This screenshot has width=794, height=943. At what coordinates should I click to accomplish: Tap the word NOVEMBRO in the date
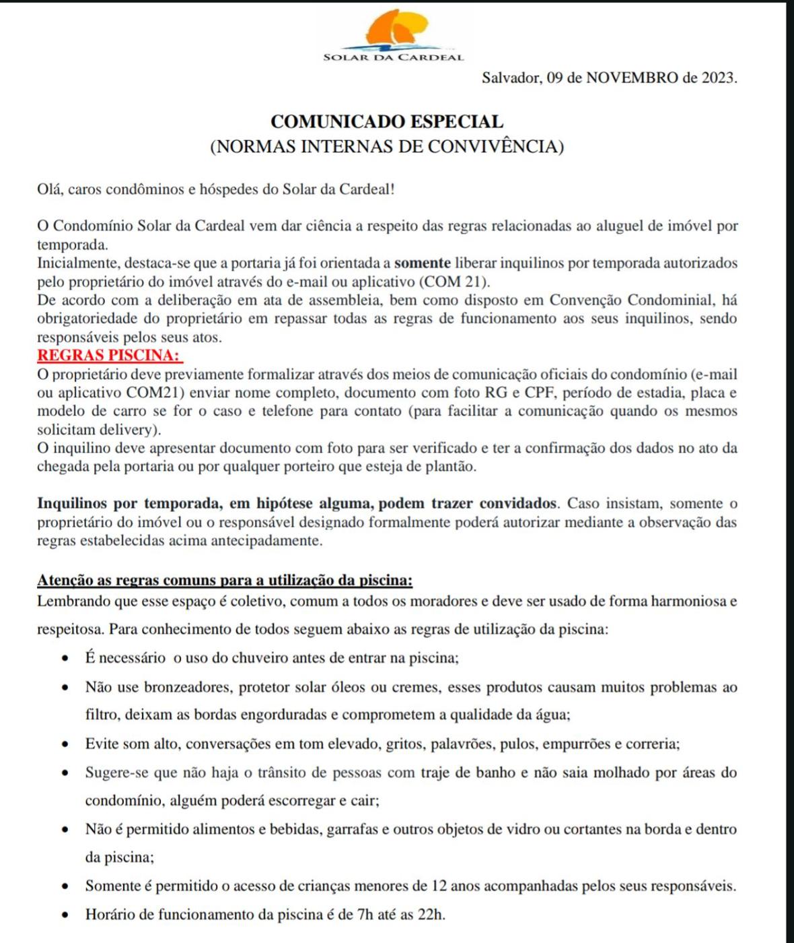coord(632,77)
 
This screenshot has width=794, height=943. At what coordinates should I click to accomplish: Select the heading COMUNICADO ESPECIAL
coord(387,122)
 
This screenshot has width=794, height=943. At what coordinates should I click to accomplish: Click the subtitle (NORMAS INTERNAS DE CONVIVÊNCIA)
coord(387,146)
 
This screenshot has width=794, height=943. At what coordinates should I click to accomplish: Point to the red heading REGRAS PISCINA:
coord(108,355)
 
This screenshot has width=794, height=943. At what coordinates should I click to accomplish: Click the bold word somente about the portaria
coord(422,263)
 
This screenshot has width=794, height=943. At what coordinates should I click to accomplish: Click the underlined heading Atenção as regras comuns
coord(224,580)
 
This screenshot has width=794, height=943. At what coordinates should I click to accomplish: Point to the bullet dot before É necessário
coord(65,658)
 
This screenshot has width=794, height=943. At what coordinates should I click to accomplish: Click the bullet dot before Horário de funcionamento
coord(65,915)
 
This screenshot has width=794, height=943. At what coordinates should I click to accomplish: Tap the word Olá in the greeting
coord(50,189)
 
